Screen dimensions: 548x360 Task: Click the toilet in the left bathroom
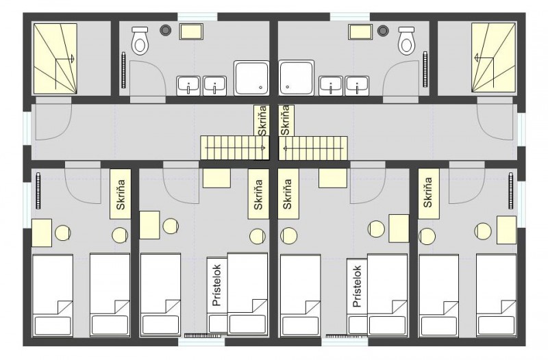click(x=140, y=40)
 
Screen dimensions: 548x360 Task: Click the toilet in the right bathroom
click(x=407, y=40)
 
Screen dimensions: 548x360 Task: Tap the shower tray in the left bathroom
click(x=251, y=78)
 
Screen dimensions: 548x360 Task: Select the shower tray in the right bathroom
click(x=297, y=78)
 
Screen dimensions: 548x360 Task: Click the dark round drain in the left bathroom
click(x=165, y=30)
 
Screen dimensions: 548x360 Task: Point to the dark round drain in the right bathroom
click(x=383, y=30)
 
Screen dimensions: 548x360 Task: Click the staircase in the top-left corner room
click(x=55, y=59)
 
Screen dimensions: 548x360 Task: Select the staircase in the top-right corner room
click(x=493, y=58)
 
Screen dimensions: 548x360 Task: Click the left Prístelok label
click(x=216, y=285)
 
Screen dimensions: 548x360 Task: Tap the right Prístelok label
click(x=357, y=286)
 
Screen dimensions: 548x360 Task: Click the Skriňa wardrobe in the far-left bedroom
click(x=121, y=194)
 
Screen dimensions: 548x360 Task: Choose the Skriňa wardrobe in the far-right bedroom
click(x=429, y=194)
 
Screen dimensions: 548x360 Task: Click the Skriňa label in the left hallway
click(x=262, y=120)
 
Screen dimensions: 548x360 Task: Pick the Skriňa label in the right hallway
click(x=286, y=120)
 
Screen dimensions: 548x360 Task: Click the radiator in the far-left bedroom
click(x=38, y=191)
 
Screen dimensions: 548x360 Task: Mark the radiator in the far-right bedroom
click(x=510, y=191)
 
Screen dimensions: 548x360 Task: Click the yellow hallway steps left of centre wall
click(x=235, y=148)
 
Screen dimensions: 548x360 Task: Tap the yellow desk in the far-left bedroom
click(x=42, y=233)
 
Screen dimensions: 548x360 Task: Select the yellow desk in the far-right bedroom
click(x=506, y=230)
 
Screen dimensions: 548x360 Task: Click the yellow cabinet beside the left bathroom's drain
click(x=191, y=31)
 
